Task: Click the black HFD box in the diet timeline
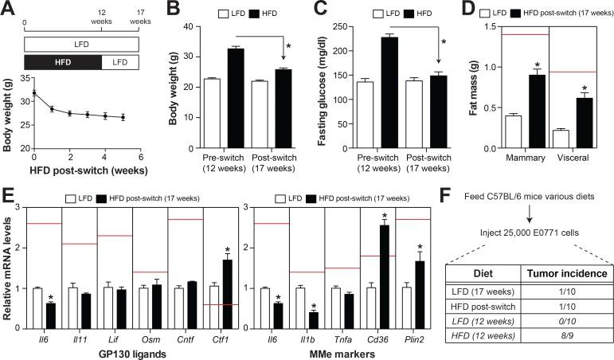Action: [62, 61]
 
